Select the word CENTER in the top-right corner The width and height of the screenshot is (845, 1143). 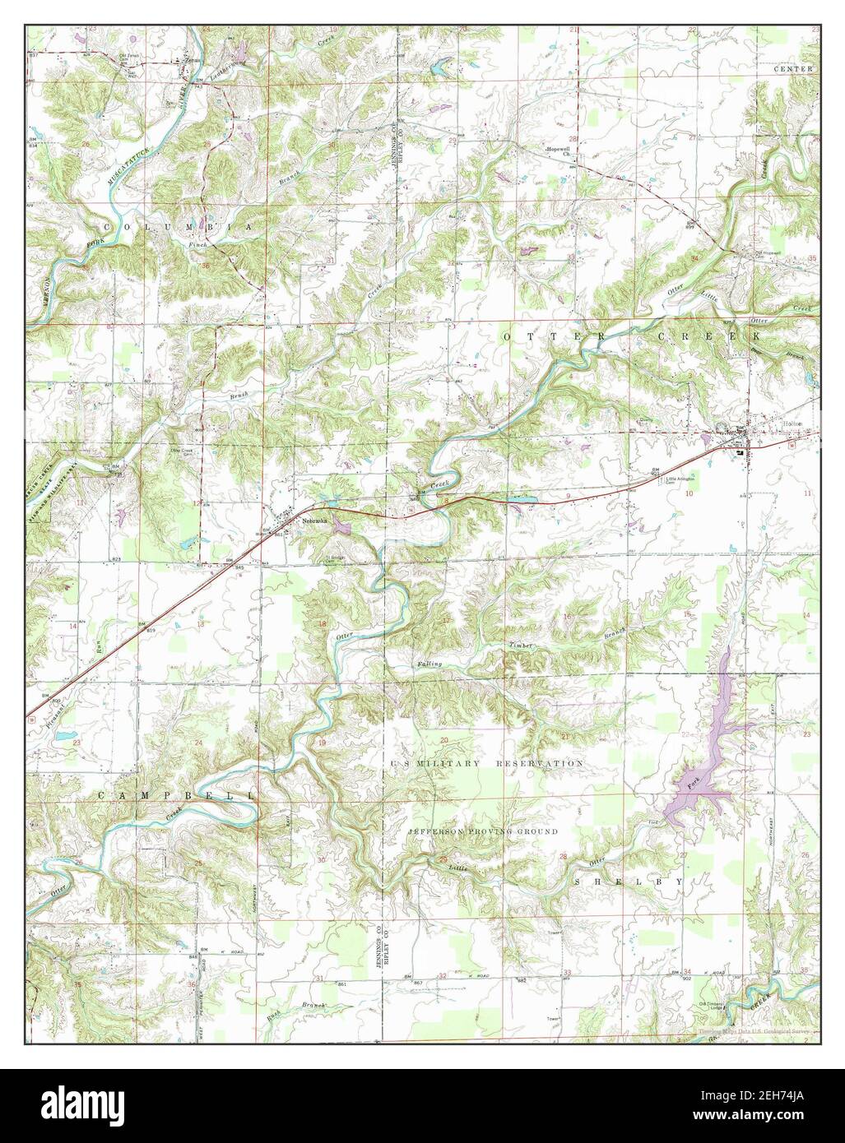click(793, 69)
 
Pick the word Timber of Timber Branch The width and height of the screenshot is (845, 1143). click(522, 646)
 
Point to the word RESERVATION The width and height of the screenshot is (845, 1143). click(540, 764)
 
